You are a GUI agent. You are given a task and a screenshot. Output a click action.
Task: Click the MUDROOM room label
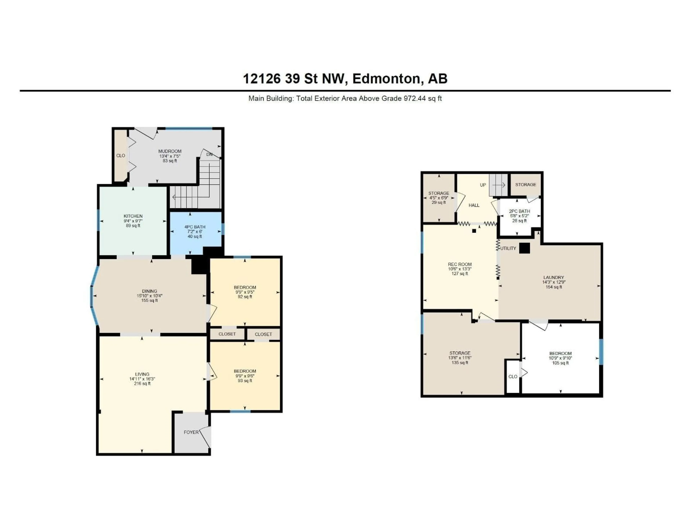(x=170, y=151)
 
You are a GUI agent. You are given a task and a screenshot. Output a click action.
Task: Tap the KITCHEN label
(x=133, y=216)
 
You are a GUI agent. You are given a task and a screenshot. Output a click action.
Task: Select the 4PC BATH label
(x=195, y=227)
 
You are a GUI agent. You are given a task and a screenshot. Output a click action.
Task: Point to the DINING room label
(x=149, y=291)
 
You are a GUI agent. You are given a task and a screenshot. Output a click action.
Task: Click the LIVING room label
(x=142, y=374)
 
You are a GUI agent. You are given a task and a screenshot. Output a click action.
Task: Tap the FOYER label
(x=191, y=432)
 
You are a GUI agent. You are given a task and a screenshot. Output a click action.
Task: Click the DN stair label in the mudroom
(x=209, y=154)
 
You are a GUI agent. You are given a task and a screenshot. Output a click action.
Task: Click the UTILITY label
(x=508, y=248)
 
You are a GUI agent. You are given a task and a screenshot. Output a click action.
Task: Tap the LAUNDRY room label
(x=554, y=277)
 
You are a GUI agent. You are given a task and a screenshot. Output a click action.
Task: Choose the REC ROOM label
(x=460, y=264)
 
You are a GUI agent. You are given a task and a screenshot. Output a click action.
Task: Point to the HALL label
(x=474, y=205)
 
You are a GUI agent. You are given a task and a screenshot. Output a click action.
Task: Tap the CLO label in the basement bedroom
(x=513, y=377)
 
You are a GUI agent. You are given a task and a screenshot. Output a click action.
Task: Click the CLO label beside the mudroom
(x=121, y=156)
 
